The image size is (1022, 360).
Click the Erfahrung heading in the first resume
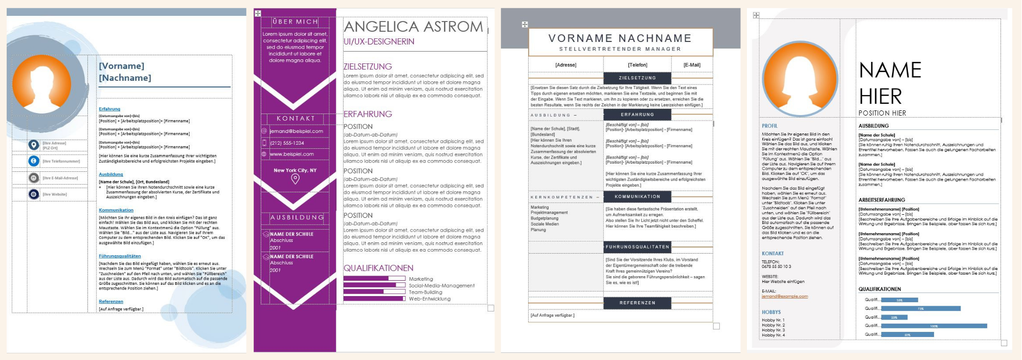[x=109, y=109]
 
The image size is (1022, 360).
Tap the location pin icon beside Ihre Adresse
[x=34, y=145]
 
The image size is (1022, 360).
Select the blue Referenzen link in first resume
[x=111, y=302]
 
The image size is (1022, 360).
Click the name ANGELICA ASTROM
[x=413, y=27]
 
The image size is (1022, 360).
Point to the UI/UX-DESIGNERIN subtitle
[x=379, y=41]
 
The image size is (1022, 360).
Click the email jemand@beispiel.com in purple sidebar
[x=296, y=131]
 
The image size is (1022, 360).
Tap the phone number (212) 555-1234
[x=287, y=143]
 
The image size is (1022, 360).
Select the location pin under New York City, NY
[x=295, y=178]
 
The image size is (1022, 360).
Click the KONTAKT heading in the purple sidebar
[x=296, y=118]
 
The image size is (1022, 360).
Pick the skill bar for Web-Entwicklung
[x=374, y=299]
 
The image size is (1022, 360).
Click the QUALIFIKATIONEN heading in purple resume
[x=378, y=268]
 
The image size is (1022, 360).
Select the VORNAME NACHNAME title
[x=620, y=38]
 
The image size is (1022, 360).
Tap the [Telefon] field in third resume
[x=638, y=65]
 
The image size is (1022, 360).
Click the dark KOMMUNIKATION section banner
[x=637, y=196]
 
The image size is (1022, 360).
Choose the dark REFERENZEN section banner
[x=637, y=303]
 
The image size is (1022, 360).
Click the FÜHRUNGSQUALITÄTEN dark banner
[x=637, y=247]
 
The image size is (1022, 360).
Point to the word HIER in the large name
[x=880, y=96]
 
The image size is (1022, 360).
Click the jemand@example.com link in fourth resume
[x=784, y=297]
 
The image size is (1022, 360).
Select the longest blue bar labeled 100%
[x=934, y=326]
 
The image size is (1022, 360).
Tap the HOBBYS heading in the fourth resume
[x=771, y=312]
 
